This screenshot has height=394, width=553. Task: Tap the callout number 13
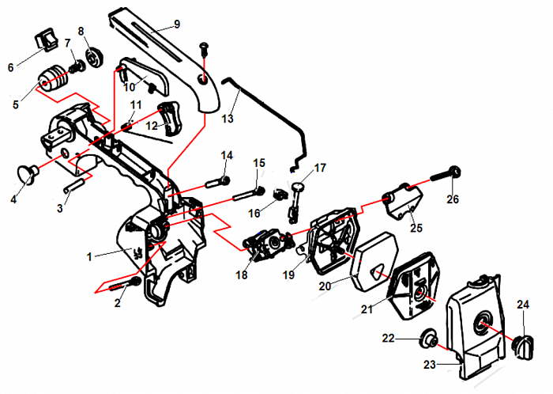pyautogui.click(x=228, y=119)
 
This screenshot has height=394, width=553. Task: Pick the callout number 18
pyautogui.click(x=241, y=275)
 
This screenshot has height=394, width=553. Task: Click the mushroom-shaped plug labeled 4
pyautogui.click(x=29, y=172)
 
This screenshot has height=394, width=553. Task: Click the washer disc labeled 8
pyautogui.click(x=93, y=55)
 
